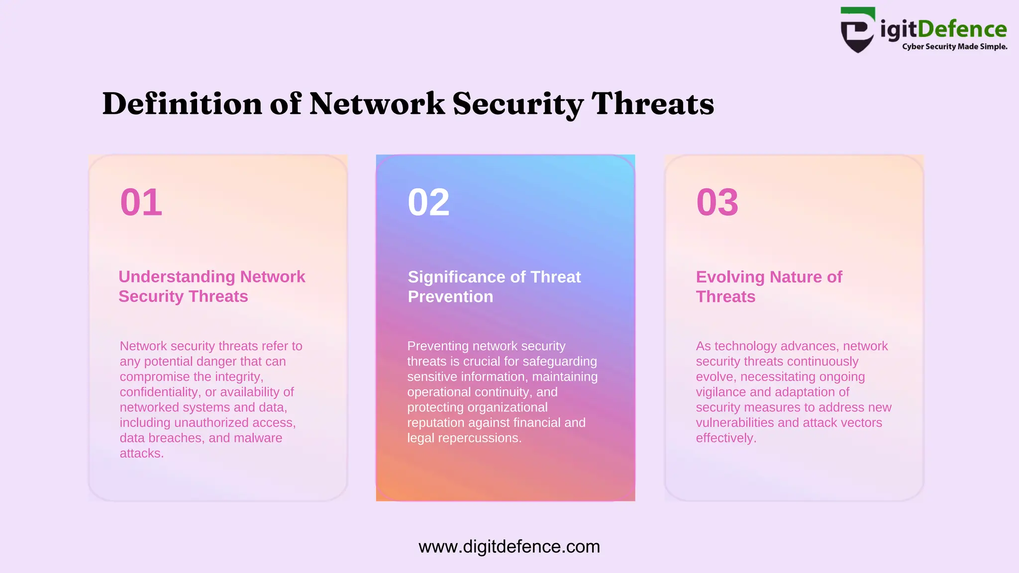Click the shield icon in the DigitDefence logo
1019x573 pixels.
pyautogui.click(x=857, y=30)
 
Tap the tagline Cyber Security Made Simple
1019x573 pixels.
pyautogui.click(x=954, y=47)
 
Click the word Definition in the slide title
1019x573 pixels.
pyautogui.click(x=182, y=104)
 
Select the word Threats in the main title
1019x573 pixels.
pyautogui.click(x=652, y=104)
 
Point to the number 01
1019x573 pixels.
pyautogui.click(x=141, y=202)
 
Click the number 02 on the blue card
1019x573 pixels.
pyautogui.click(x=428, y=202)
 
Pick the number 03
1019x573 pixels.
pyautogui.click(x=717, y=202)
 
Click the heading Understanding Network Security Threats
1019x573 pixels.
pyautogui.click(x=211, y=286)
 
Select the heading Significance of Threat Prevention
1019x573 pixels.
pyautogui.click(x=494, y=286)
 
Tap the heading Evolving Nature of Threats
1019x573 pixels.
pyautogui.click(x=769, y=286)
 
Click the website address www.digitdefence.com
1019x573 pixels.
pyautogui.click(x=509, y=547)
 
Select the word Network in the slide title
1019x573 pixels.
pyautogui.click(x=377, y=104)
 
